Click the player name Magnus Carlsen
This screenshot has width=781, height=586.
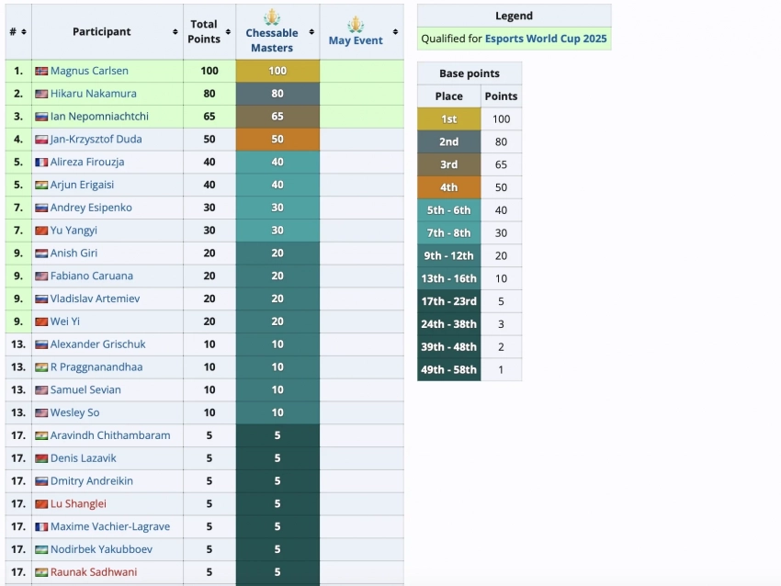(89, 71)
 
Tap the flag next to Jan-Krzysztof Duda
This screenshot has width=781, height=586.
(41, 140)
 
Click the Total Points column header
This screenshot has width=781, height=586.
(204, 31)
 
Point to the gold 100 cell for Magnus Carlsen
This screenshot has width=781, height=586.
(277, 71)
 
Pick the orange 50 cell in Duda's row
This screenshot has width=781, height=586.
(277, 140)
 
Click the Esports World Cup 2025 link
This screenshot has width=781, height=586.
(546, 39)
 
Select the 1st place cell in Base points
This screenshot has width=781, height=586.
(448, 118)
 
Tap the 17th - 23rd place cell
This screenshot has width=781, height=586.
(448, 301)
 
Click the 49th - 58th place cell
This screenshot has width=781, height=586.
(448, 370)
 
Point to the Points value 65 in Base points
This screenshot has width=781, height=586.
(501, 164)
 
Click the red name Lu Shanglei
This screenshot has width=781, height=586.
(78, 503)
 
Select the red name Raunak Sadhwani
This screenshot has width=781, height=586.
(94, 572)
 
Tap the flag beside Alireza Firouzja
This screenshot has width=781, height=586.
(41, 163)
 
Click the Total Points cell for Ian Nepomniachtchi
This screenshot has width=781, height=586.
(209, 117)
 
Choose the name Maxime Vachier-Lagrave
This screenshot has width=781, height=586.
(110, 526)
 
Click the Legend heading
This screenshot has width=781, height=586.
(514, 16)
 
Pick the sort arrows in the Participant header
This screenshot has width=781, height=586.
(175, 32)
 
